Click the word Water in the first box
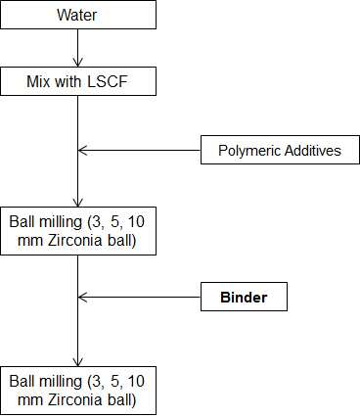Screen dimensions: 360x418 tap(77, 15)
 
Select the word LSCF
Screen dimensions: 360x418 tap(108, 81)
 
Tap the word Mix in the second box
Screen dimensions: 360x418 tap(39, 81)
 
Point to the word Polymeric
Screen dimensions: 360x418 tap(249, 151)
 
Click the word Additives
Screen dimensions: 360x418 tap(313, 151)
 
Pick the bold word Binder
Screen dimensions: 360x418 tap(244, 298)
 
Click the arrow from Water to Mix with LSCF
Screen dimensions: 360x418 tap(78, 48)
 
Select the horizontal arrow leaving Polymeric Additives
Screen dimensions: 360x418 tap(139, 151)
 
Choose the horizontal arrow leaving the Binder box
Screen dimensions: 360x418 tap(139, 297)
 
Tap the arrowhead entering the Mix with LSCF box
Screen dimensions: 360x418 tap(78, 63)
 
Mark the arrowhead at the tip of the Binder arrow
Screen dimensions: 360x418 tap(82, 297)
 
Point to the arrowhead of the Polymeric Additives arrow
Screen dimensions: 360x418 tap(82, 151)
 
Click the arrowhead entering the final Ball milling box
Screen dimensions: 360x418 tap(78, 362)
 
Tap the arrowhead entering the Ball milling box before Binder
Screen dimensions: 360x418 tap(78, 203)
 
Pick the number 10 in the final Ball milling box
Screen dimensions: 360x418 tap(136, 381)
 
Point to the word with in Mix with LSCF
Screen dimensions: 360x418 tap(67, 81)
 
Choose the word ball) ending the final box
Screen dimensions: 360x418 tap(121, 400)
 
